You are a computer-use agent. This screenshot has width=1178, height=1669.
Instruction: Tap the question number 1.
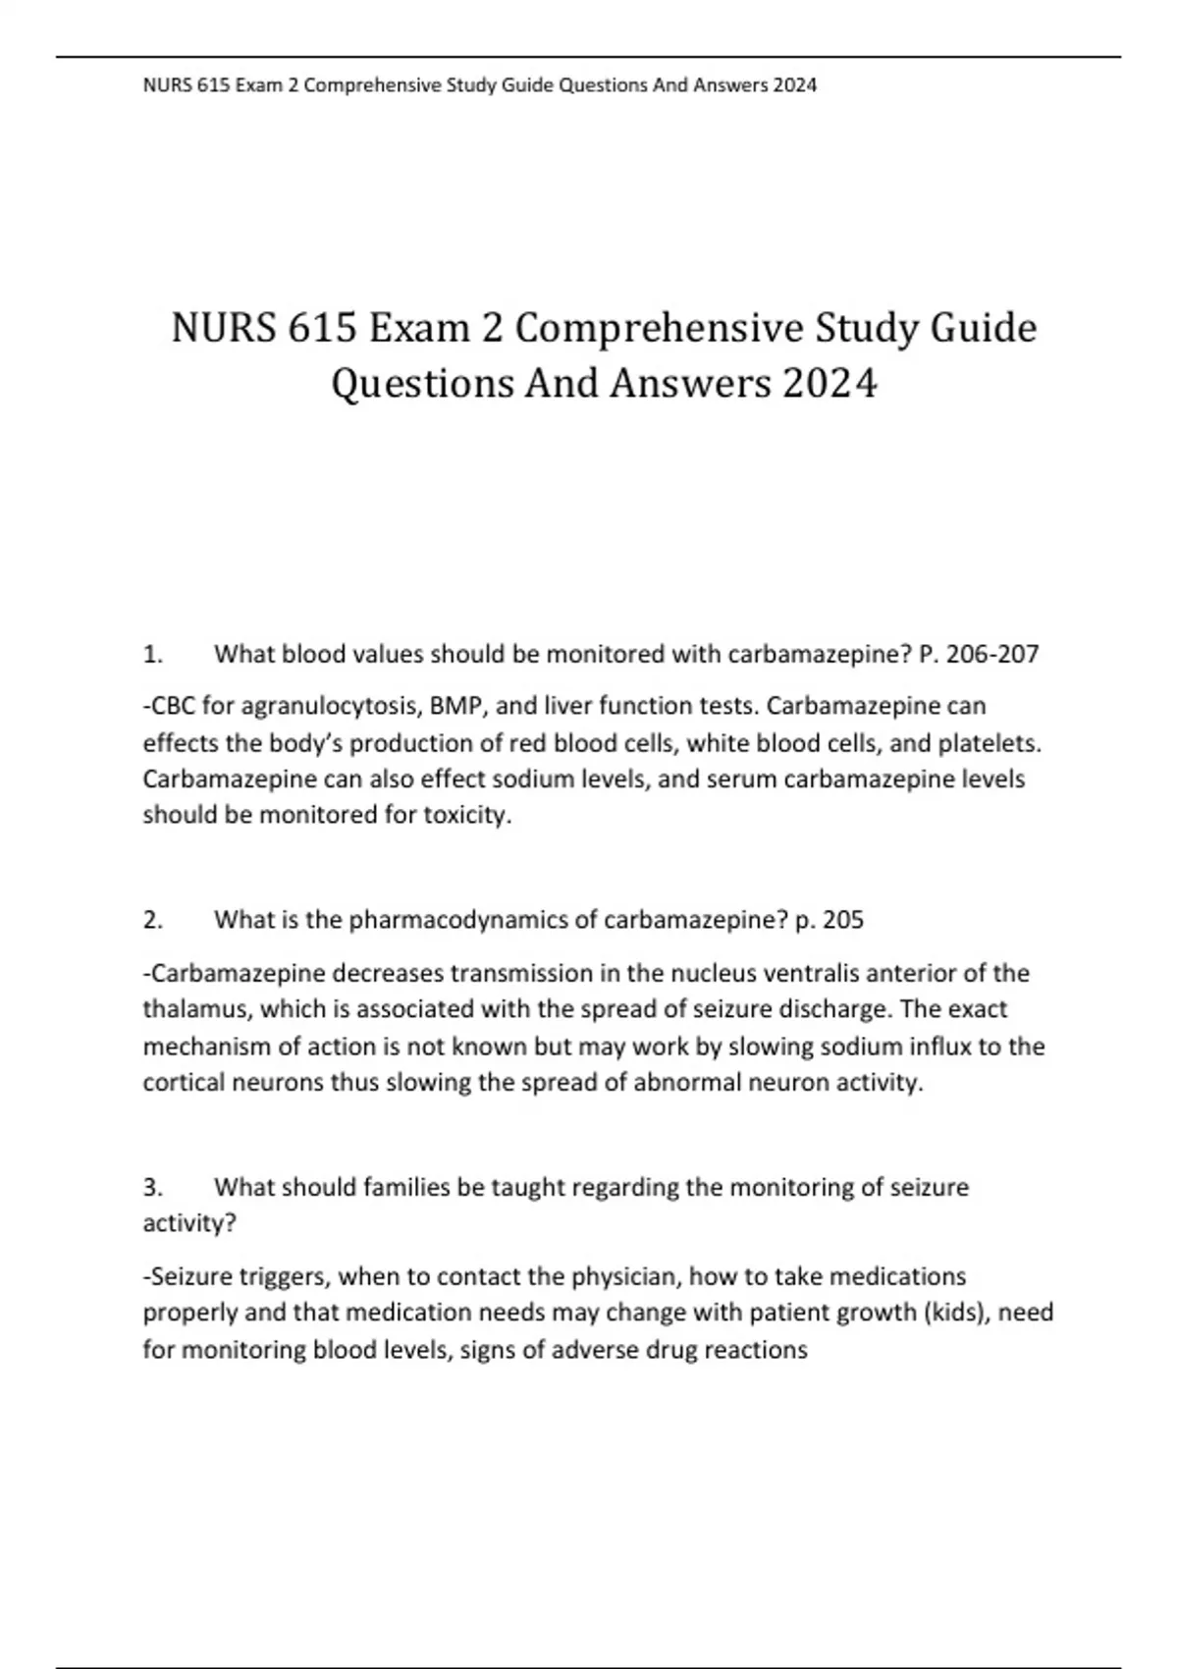(x=151, y=654)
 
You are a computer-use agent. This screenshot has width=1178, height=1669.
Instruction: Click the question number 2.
(x=151, y=920)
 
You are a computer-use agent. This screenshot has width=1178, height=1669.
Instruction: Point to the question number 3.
(x=151, y=1188)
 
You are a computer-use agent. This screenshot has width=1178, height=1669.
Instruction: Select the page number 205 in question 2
(x=842, y=920)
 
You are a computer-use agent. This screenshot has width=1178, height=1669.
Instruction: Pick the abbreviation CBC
(x=174, y=707)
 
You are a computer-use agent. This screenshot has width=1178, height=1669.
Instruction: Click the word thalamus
(x=194, y=1010)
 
